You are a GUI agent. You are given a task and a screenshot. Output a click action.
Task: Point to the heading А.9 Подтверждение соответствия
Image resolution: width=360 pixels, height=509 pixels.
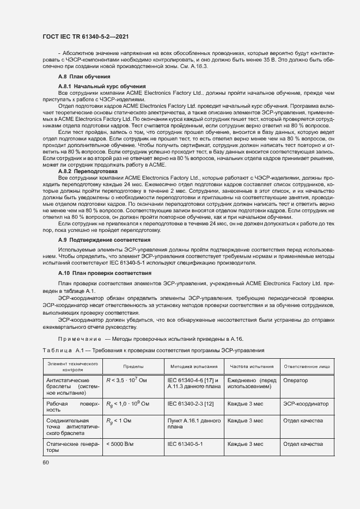[104, 240]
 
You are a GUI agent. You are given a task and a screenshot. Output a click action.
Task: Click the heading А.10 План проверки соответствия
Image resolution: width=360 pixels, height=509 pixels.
[104, 272]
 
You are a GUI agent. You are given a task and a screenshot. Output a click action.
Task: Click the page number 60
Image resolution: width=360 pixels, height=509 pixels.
[45, 463]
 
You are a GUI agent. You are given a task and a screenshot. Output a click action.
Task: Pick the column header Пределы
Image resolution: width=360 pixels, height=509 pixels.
[133, 367]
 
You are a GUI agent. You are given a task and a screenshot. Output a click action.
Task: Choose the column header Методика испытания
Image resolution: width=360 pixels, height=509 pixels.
[194, 367]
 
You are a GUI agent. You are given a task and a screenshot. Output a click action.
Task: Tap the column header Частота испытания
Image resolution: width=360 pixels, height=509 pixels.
[251, 367]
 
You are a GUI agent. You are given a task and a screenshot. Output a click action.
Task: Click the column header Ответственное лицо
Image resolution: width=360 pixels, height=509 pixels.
[306, 367]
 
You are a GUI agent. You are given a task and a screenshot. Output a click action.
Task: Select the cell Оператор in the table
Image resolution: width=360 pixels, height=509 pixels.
[296, 381]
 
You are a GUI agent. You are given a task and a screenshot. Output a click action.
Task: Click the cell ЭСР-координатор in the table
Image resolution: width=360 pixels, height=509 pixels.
[306, 404]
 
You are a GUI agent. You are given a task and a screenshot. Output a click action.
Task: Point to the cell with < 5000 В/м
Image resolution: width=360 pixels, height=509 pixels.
[120, 445]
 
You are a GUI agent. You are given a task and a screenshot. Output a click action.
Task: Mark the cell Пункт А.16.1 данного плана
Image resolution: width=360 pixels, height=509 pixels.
[193, 424]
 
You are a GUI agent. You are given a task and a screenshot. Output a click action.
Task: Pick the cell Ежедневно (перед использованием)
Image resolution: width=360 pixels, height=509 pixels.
[252, 384]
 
